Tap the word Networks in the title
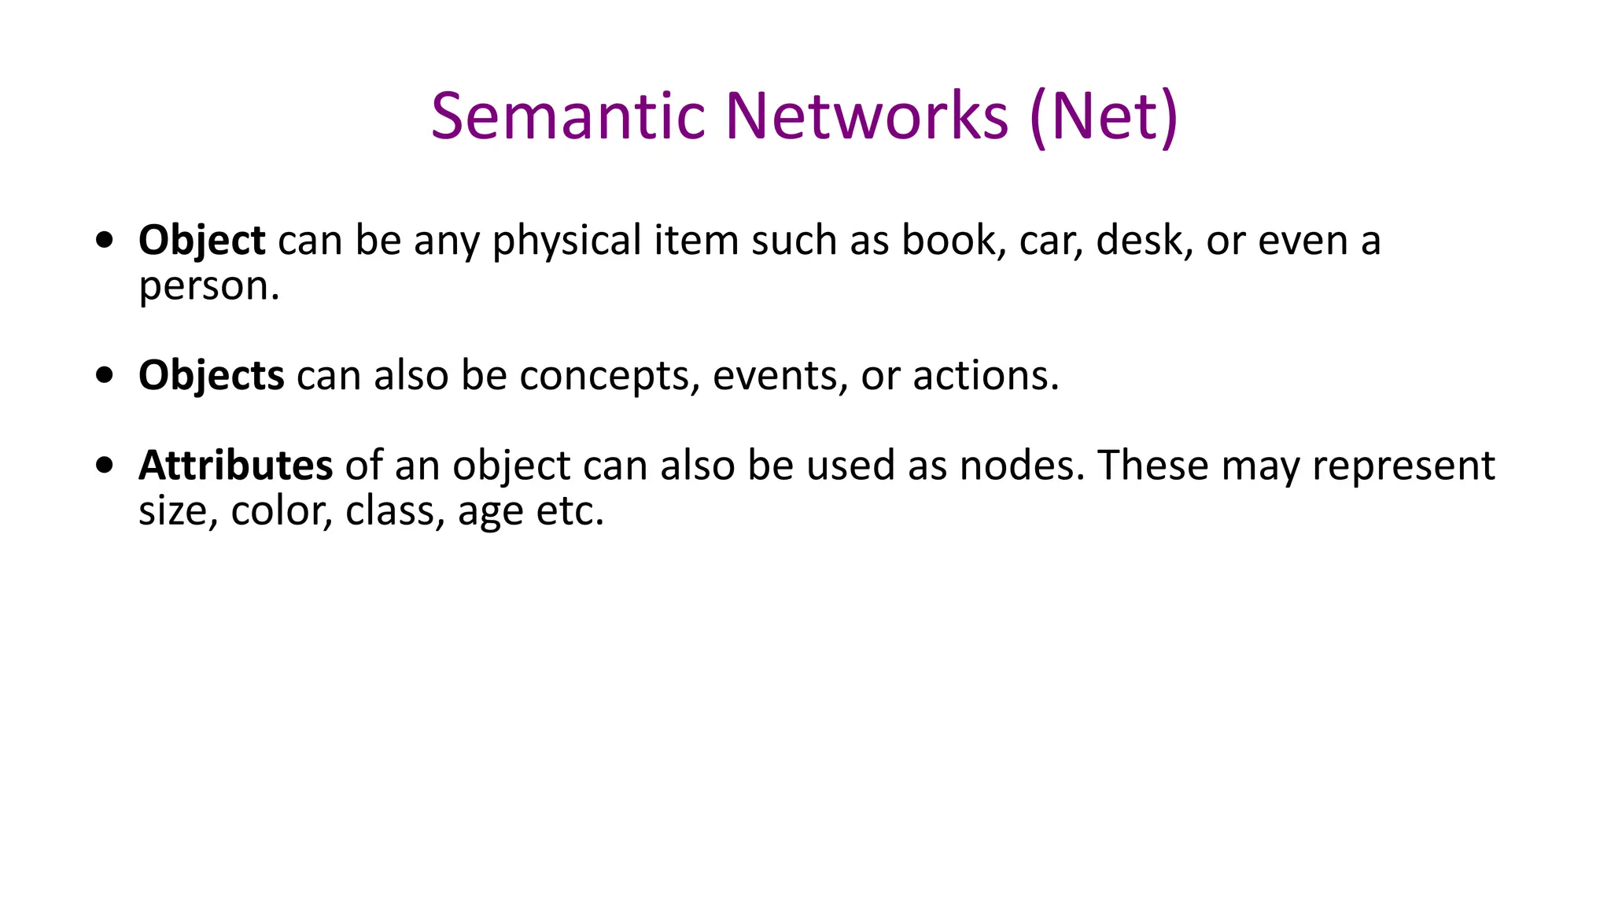click(866, 116)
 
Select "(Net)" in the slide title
click(1104, 116)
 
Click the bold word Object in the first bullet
click(201, 240)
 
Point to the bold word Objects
click(211, 375)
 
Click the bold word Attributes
click(235, 465)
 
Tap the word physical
click(566, 240)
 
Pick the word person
click(205, 286)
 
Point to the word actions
click(985, 375)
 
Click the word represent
click(1403, 465)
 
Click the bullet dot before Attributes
click(104, 465)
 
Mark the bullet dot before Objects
click(104, 375)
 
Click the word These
click(1153, 465)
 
